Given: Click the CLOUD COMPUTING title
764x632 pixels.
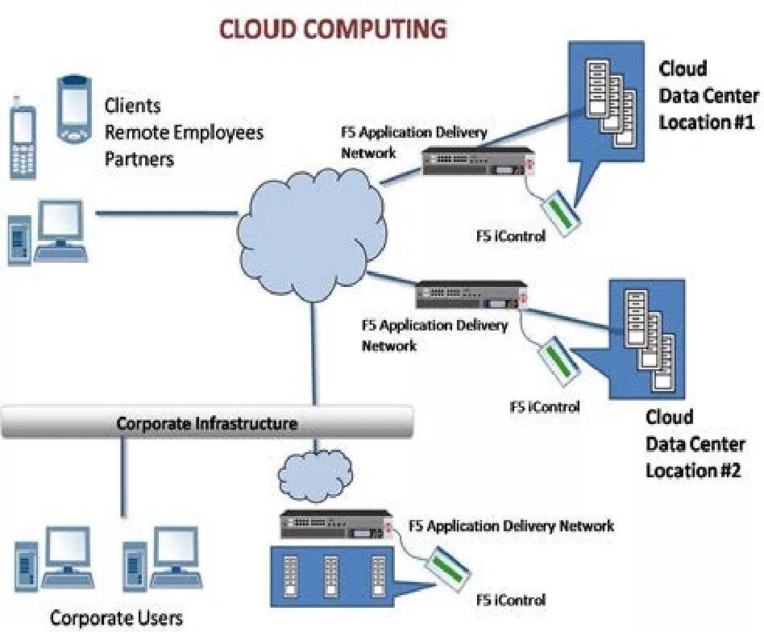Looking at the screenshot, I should (x=333, y=30).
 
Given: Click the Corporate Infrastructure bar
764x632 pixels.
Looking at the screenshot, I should (x=207, y=422).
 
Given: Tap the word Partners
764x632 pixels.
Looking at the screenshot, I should (x=139, y=159).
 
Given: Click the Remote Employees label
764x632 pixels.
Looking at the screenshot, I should (x=184, y=132).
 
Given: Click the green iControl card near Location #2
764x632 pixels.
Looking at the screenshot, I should (x=557, y=358).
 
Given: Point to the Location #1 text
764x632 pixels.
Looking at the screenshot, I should (x=706, y=123).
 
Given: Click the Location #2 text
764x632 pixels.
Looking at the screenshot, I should (x=692, y=470).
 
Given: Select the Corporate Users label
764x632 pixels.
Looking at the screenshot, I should (x=116, y=618).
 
